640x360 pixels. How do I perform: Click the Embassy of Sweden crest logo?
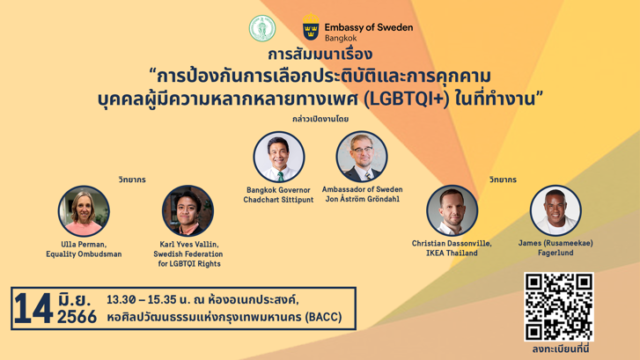[311, 26]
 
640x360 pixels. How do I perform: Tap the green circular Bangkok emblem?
[262, 27]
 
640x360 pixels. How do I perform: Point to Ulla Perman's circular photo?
[84, 210]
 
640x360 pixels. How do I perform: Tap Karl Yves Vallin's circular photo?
[188, 210]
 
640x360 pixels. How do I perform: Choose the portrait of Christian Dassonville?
[452, 210]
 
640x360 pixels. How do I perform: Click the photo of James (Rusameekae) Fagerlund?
[555, 210]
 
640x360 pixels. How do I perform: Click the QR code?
[559, 306]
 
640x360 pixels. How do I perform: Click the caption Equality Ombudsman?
[84, 254]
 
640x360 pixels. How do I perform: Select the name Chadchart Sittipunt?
[278, 200]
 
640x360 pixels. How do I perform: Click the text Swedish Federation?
[188, 254]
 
